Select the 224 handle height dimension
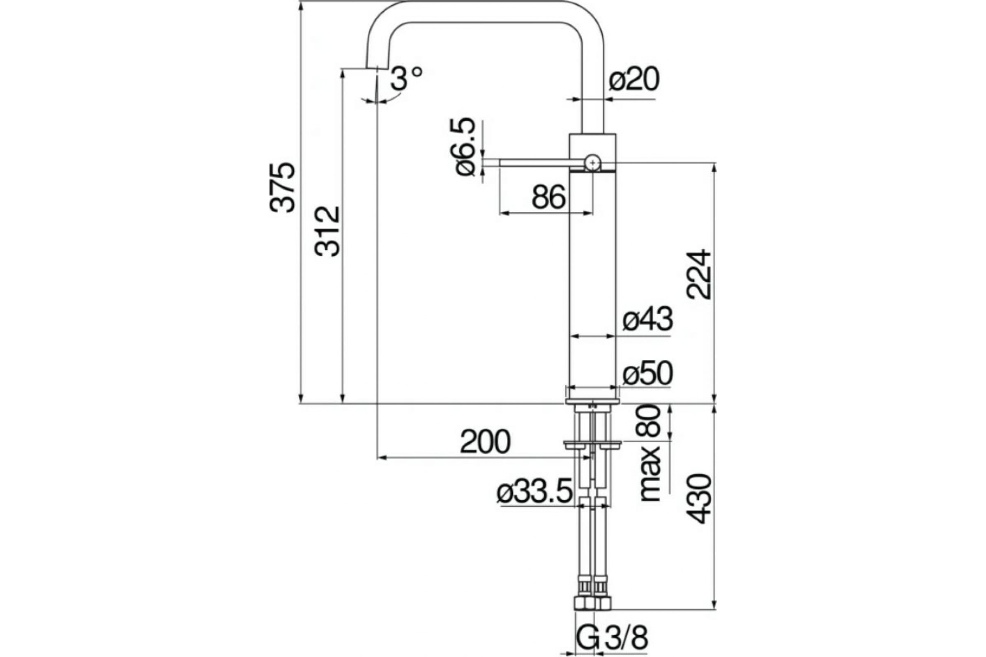pos(699,274)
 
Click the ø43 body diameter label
pos(647,320)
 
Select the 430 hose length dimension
pos(699,498)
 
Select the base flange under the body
pos(592,401)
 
